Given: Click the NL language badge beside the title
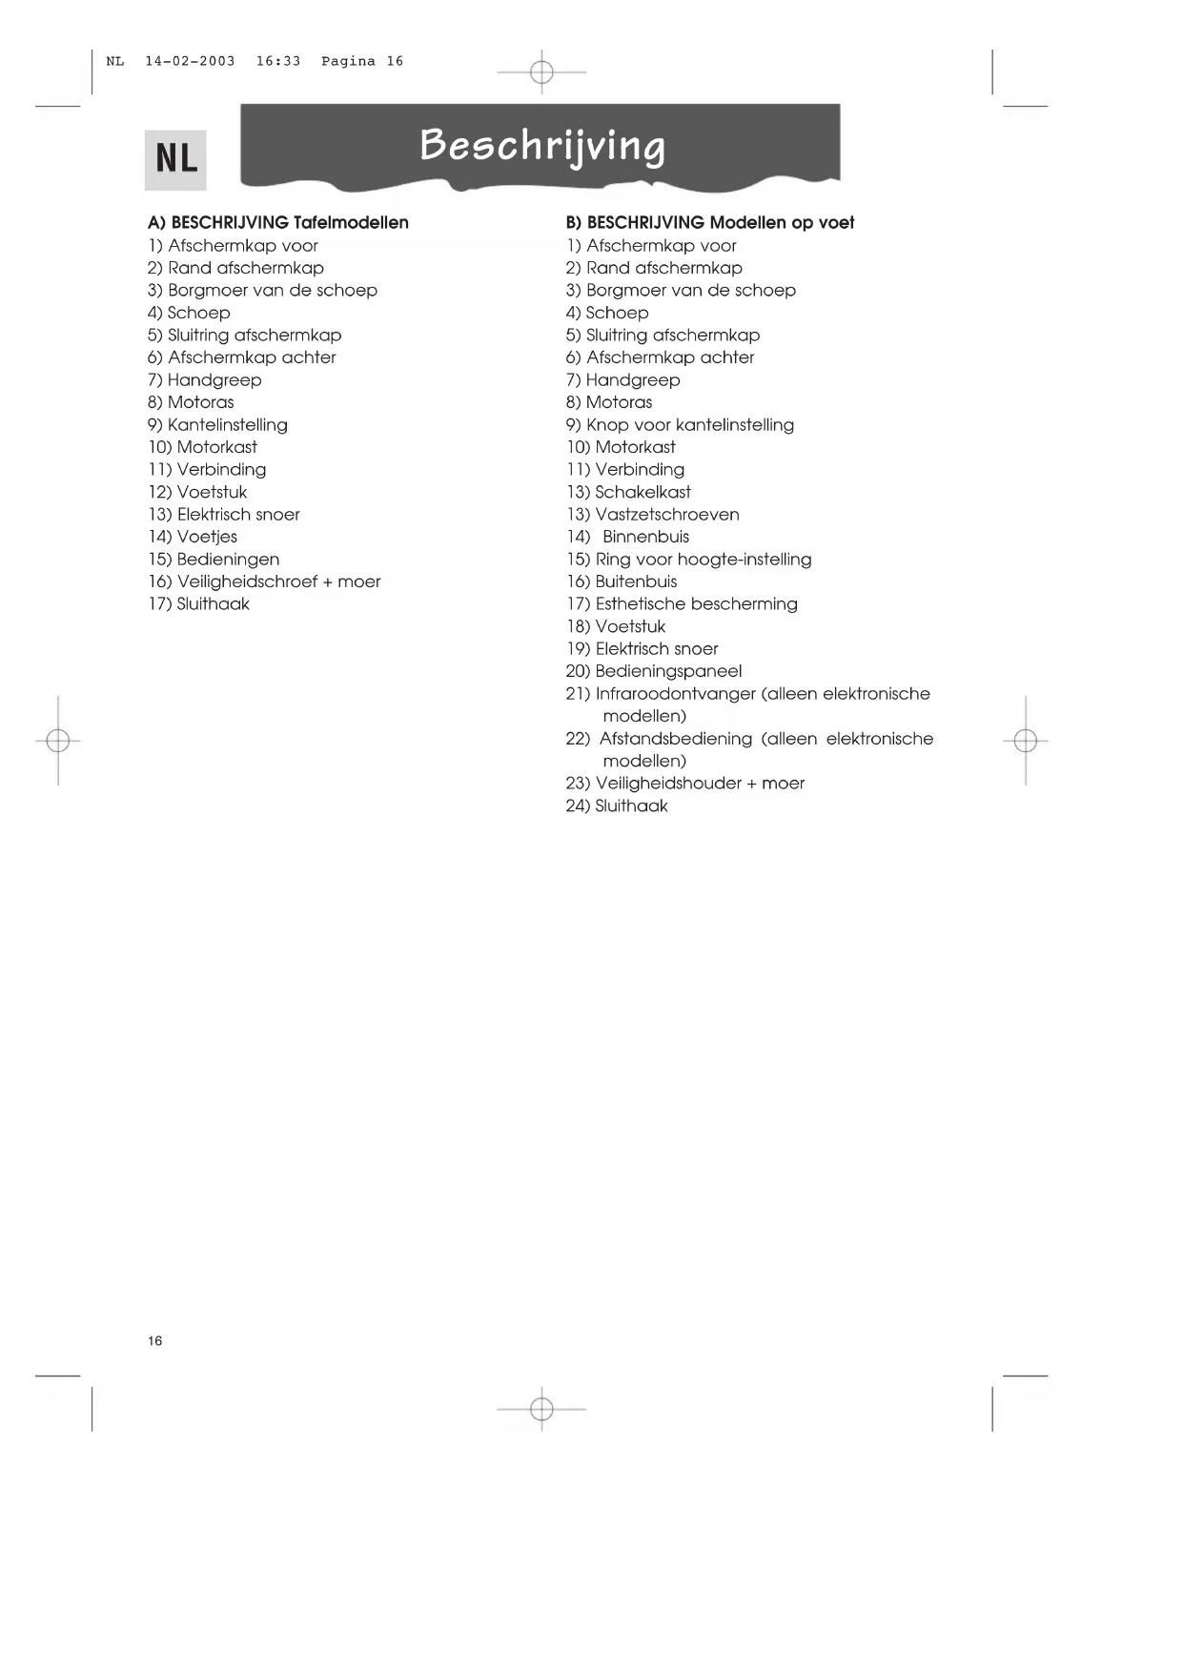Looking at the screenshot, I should point(176,159).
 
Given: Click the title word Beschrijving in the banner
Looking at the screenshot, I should point(541,146).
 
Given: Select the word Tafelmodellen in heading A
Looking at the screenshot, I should point(351,223).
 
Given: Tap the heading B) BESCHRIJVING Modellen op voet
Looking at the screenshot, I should point(709,223).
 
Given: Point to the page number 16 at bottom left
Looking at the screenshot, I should point(155,1341).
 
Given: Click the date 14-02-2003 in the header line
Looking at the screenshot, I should point(190,62).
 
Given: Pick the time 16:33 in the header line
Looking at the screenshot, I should point(277,62).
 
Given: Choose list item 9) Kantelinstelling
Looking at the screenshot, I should point(217,425).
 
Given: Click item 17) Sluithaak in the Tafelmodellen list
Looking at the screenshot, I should point(198,604).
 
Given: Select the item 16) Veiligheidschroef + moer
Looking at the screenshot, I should point(264,581).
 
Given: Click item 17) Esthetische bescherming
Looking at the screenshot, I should point(682,604).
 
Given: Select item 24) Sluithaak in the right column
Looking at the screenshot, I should point(617,806).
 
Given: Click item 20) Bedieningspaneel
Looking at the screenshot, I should point(653,671).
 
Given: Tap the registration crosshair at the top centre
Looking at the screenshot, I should point(541,71).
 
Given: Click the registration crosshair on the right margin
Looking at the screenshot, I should point(1026,741).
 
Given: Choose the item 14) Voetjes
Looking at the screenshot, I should point(193,537).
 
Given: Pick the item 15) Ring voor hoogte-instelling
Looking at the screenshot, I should point(688,560).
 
